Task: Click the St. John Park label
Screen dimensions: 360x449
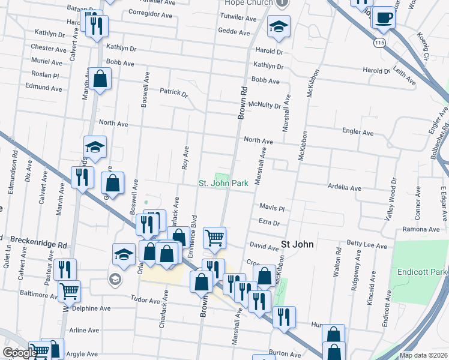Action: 223,183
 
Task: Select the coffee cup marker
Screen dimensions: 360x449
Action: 383,18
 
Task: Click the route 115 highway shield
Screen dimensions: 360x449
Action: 378,43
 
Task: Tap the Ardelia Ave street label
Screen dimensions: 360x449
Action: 344,188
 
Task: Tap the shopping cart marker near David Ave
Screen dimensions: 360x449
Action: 214,238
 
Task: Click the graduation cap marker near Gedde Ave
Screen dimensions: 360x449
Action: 279,26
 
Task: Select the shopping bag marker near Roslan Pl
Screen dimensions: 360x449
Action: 101,79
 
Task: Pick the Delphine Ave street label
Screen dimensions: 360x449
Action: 91,308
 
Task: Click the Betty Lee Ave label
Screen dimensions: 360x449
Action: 367,244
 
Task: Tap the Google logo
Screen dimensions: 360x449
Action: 20,353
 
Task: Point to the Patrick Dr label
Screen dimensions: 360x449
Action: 173,92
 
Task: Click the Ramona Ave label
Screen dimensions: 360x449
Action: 421,230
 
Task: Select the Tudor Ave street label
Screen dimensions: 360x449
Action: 146,298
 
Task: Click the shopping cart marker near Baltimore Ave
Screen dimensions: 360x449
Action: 70,292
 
